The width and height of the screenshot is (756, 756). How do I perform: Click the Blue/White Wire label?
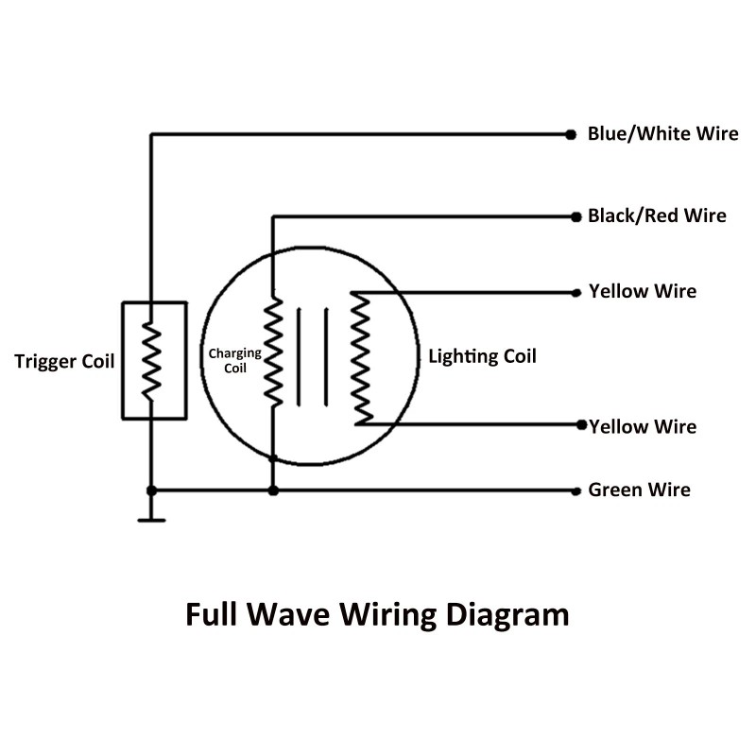click(x=662, y=134)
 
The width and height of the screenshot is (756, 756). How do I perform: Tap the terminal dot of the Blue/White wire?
click(x=571, y=135)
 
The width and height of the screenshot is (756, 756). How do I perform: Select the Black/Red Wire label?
click(x=657, y=215)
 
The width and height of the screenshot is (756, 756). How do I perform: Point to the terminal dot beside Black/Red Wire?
click(x=576, y=216)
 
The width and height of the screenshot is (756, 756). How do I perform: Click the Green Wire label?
click(x=639, y=490)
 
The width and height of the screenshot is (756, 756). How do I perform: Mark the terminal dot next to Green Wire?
click(x=576, y=490)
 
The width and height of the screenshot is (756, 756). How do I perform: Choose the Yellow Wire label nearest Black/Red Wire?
click(x=643, y=291)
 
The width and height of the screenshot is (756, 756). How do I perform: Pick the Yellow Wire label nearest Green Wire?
click(x=643, y=426)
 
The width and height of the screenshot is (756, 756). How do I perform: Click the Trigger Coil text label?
click(x=64, y=361)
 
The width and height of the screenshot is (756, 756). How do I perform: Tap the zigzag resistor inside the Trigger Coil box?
click(x=150, y=361)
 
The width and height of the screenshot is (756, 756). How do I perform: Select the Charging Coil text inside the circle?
click(x=234, y=361)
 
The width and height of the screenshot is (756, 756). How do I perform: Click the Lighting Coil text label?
click(x=482, y=356)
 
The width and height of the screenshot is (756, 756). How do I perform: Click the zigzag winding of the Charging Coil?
click(x=273, y=352)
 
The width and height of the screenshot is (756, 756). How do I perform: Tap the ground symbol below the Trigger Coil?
click(x=150, y=519)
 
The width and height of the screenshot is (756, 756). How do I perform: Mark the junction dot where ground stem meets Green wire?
click(x=150, y=490)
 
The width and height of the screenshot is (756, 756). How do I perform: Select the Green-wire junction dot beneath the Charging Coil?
click(x=273, y=490)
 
